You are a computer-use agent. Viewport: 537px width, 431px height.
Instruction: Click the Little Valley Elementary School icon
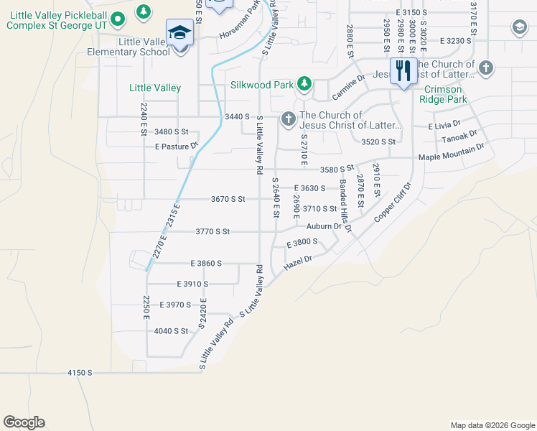(x=177, y=33)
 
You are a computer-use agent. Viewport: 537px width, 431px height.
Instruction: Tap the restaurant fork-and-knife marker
(x=403, y=70)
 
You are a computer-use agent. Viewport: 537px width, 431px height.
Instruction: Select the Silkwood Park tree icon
(x=304, y=84)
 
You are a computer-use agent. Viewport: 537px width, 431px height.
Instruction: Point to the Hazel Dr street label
(x=299, y=263)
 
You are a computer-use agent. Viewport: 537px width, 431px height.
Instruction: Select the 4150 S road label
(x=80, y=373)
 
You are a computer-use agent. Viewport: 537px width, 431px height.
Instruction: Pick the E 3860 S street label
(x=206, y=264)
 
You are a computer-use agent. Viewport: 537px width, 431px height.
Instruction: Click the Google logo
(x=24, y=422)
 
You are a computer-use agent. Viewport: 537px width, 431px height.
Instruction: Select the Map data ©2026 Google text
(x=492, y=425)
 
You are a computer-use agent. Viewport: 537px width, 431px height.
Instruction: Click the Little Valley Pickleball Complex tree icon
(x=144, y=11)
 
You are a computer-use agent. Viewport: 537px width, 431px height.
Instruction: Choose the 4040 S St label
(x=171, y=331)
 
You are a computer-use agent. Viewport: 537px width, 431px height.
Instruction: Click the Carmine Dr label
(x=349, y=87)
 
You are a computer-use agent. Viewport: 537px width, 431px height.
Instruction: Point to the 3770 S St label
(x=213, y=231)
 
